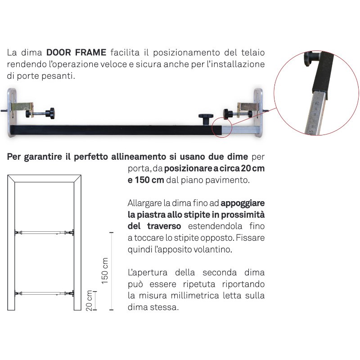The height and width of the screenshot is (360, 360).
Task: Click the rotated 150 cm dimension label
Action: point(105,270)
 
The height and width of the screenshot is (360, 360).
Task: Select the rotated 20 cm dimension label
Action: point(89,300)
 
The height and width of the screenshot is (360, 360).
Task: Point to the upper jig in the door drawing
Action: point(45,233)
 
